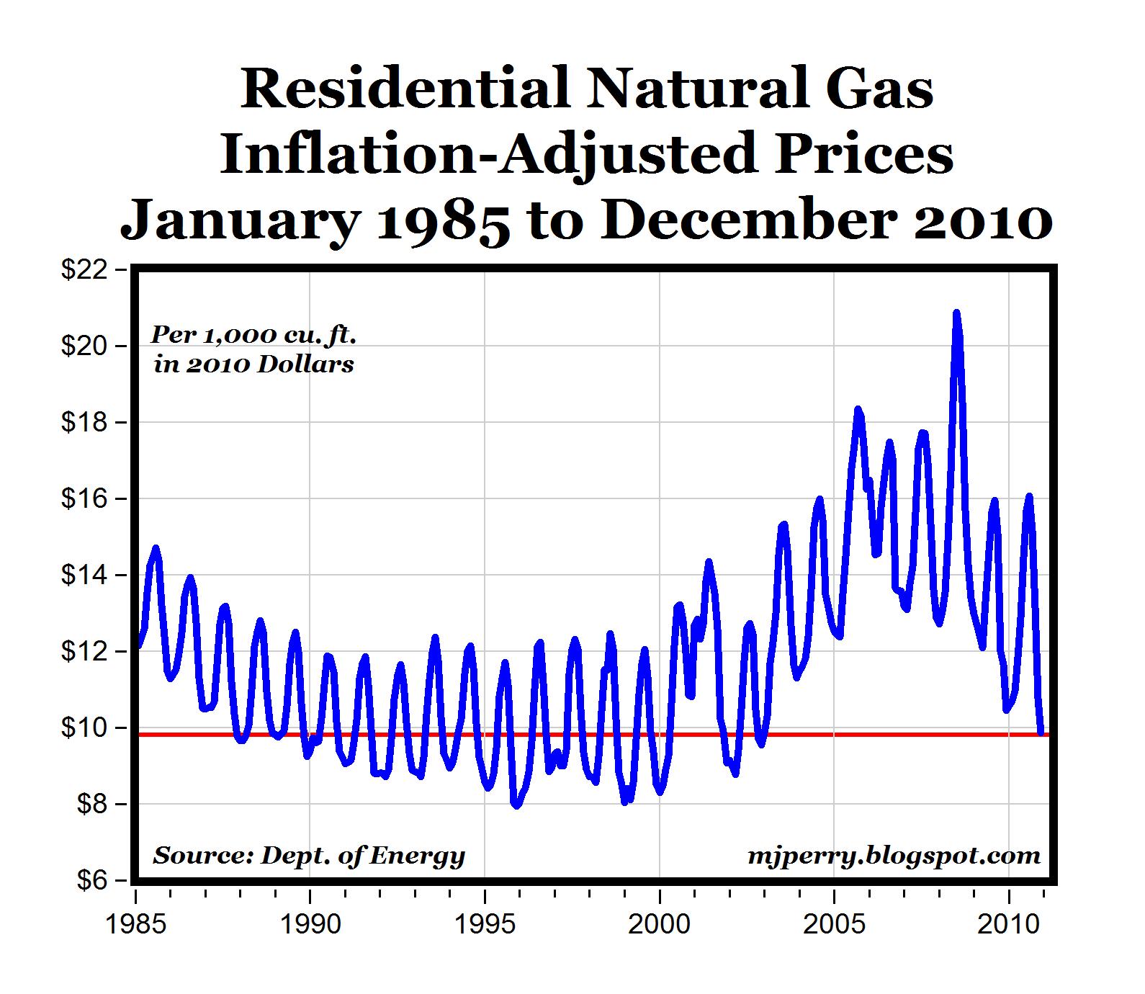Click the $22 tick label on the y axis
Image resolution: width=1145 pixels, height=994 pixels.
(84, 270)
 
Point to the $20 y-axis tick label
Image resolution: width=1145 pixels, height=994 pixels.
(84, 346)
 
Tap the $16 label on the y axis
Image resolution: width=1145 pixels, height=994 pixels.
(84, 499)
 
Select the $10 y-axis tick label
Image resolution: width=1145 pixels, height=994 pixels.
(84, 728)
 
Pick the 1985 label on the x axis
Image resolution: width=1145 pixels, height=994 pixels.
(135, 923)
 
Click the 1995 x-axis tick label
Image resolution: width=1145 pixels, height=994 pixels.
(485, 923)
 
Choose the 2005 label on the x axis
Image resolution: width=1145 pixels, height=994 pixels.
(835, 923)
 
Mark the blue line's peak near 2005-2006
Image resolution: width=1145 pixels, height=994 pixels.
(858, 410)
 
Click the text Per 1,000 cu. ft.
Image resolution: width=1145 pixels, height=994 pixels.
(253, 335)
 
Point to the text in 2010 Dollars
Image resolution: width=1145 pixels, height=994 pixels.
(253, 364)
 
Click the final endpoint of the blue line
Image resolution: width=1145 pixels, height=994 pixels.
(1041, 733)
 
